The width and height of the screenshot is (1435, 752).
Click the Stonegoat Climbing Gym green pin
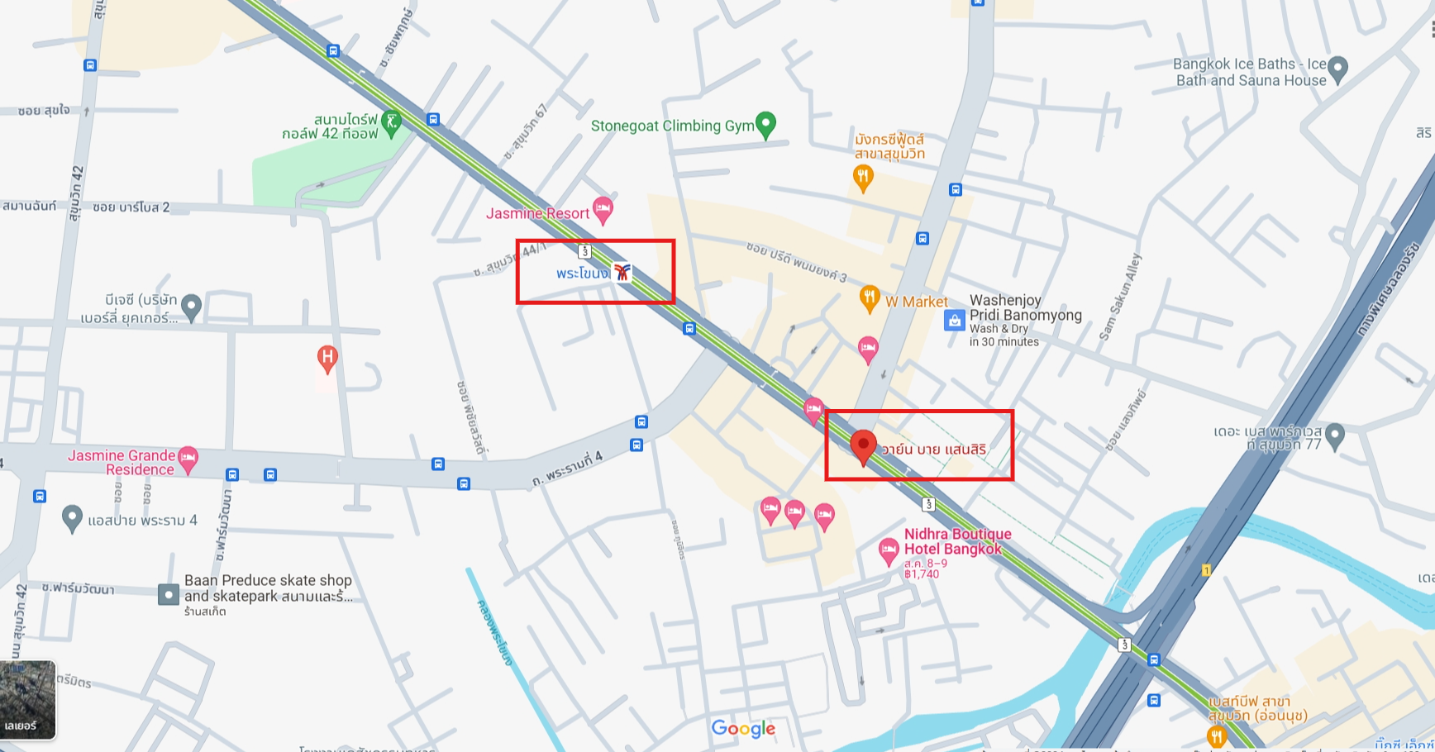pos(766,124)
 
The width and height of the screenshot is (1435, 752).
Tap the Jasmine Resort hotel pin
pos(603,209)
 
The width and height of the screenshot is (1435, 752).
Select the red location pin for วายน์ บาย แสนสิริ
pos(863,446)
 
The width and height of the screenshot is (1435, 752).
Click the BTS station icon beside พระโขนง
pos(622,272)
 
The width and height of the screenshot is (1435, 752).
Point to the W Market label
pos(916,302)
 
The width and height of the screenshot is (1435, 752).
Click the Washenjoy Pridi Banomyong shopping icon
pos(955,320)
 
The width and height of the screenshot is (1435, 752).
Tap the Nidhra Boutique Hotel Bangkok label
pos(957,541)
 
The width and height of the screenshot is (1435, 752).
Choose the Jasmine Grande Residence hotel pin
pos(188,459)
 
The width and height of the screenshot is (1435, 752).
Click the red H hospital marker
pos(327,358)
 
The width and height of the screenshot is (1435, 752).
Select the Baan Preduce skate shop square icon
pos(168,594)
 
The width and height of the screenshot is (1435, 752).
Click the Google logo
pos(743,728)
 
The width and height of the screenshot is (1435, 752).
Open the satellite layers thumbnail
pos(28,698)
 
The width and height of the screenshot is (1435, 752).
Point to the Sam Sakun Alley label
pos(1120,297)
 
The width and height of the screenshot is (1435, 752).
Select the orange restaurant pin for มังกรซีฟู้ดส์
pos(863,176)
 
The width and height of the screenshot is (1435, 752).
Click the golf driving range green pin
pos(391,123)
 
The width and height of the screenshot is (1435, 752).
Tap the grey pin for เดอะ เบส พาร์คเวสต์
pos(1334,435)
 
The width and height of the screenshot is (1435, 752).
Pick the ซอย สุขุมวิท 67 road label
pos(526,132)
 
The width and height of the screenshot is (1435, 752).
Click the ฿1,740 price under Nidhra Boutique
pos(922,574)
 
